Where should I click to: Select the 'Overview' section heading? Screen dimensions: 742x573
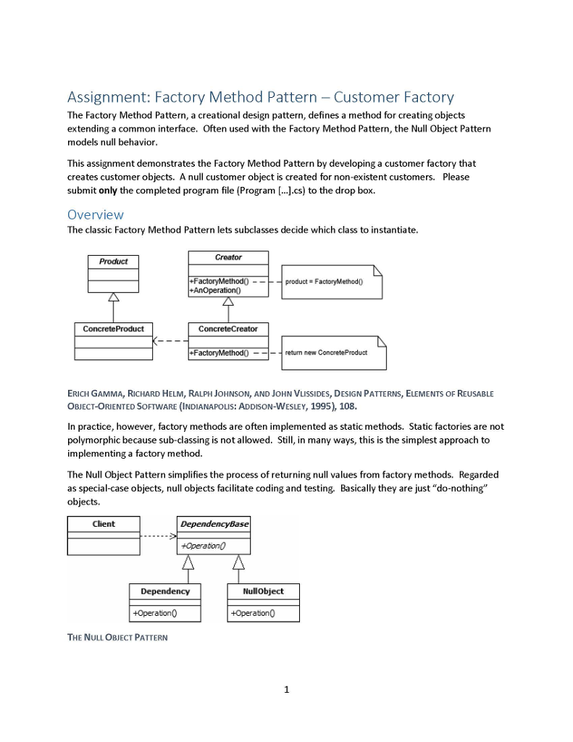(95, 214)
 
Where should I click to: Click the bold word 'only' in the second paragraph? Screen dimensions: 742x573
(109, 191)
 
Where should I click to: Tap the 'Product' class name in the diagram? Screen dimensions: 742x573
(114, 262)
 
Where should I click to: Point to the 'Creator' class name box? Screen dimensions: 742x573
(228, 258)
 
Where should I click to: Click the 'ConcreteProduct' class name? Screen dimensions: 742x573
(113, 329)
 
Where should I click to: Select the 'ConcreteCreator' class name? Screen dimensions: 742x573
(228, 329)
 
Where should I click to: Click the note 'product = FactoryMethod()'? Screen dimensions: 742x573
(325, 282)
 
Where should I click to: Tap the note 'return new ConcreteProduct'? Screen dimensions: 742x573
(326, 353)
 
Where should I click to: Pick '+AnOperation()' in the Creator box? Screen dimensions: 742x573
(214, 290)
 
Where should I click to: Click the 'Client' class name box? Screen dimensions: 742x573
(104, 524)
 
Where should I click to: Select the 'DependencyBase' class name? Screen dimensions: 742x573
(214, 524)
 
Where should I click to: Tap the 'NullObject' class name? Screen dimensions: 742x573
(264, 591)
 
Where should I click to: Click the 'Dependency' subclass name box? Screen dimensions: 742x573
(165, 591)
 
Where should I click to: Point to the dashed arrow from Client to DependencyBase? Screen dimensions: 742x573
(159, 537)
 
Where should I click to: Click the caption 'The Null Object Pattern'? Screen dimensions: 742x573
(117, 638)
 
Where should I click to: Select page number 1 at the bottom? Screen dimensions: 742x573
(286, 689)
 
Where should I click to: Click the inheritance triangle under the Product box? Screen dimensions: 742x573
(113, 296)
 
